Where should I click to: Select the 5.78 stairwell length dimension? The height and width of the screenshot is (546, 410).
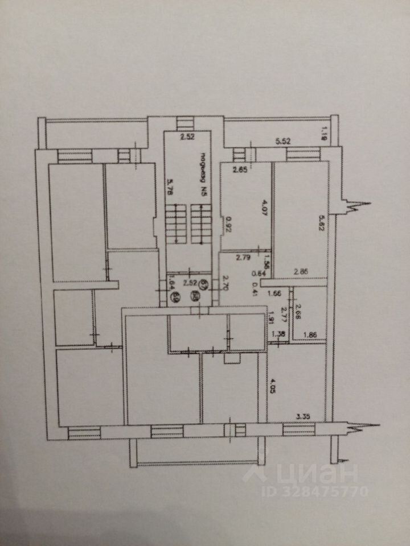[x=169, y=187]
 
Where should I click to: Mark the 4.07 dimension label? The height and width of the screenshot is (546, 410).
[x=264, y=205]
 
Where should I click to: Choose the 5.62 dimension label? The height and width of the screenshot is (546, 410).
[x=321, y=221]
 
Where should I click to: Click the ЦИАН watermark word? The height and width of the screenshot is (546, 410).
[x=310, y=472]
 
